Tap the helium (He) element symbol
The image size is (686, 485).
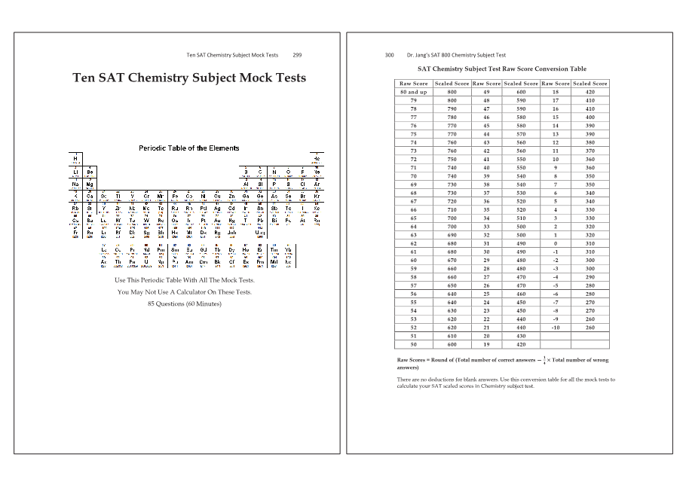(x=317, y=159)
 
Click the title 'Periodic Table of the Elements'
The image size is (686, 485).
(x=189, y=148)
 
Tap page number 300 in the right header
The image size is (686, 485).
(x=389, y=55)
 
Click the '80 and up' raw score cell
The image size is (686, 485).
(x=414, y=92)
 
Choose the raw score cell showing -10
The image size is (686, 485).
(x=555, y=328)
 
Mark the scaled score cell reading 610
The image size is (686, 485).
(x=452, y=336)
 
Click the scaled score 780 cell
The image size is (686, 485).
(x=452, y=117)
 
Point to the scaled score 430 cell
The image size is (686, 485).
(x=521, y=336)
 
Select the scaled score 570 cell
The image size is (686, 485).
(x=521, y=133)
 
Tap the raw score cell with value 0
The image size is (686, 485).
(x=555, y=243)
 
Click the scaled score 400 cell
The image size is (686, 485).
(x=590, y=117)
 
